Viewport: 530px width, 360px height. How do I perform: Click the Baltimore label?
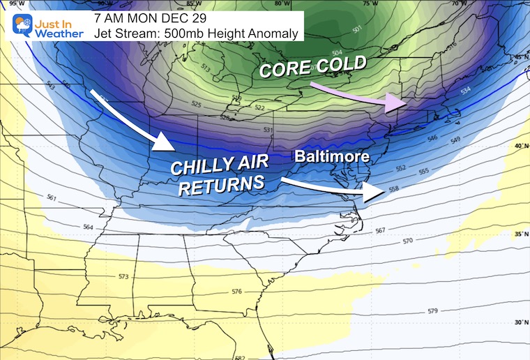click(331, 157)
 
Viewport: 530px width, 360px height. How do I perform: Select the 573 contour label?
click(123, 277)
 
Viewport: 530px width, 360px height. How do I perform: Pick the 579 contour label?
click(432, 310)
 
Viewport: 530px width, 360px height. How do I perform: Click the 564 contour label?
click(88, 227)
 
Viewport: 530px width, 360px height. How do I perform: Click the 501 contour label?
click(357, 29)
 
